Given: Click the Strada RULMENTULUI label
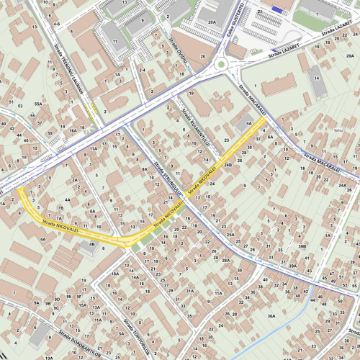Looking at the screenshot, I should pos(195,129).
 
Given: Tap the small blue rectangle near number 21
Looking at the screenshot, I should pos(277,9).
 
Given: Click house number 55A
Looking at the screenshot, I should pos(37,104).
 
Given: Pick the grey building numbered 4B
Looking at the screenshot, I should pos(89,246).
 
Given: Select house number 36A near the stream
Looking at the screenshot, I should pos(271,316).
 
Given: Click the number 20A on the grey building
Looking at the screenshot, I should pos(211,22).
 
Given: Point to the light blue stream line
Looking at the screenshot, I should pos(302,317).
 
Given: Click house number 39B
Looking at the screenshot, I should pos(302,246).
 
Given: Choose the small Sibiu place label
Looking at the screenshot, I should pos(338,130).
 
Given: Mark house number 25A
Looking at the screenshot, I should pos(230,235).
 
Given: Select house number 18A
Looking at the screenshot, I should pos(114,274).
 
